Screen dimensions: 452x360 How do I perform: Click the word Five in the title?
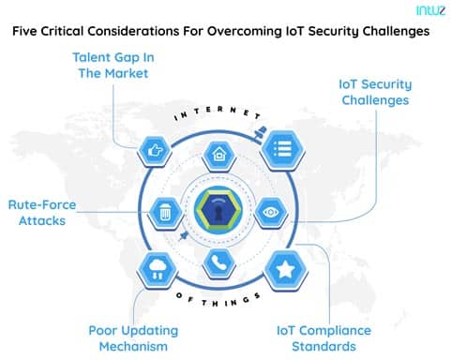(x=29, y=31)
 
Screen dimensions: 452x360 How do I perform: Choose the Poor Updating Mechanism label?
(x=131, y=337)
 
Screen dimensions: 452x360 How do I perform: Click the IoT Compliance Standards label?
(x=324, y=337)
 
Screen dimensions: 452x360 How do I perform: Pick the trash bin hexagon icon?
(x=165, y=211)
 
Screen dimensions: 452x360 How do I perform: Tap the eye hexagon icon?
(x=267, y=211)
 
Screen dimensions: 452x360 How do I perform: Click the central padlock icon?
(x=217, y=211)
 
